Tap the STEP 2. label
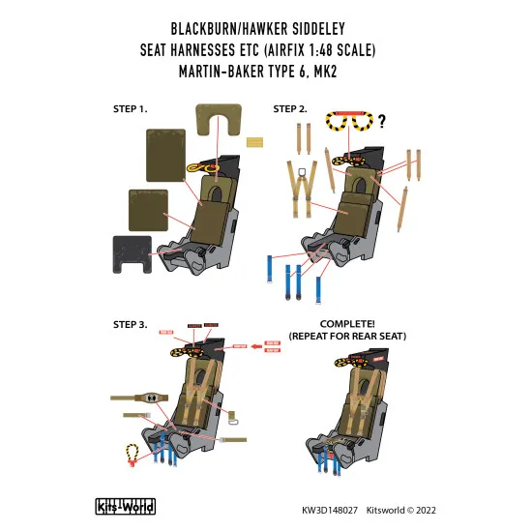point(291,108)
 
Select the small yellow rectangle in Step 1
point(254,145)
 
